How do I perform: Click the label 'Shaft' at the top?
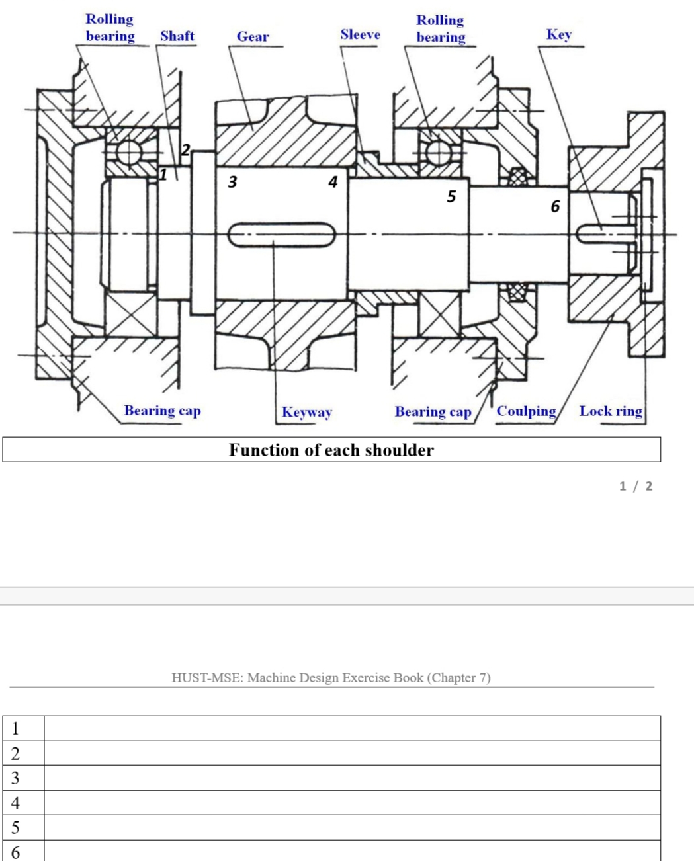[x=177, y=36]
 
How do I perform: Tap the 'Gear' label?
[x=253, y=36]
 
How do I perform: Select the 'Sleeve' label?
[x=360, y=34]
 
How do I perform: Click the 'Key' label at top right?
[x=558, y=34]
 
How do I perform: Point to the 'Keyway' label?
[x=306, y=412]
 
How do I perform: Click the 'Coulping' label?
[x=526, y=411]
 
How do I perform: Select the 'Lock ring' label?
[x=610, y=411]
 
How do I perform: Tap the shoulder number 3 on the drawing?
[x=232, y=182]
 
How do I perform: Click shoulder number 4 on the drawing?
[x=333, y=181]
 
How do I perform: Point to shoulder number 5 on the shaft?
[x=451, y=196]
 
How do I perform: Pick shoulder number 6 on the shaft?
[x=555, y=207]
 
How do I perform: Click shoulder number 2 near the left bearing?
[x=186, y=149]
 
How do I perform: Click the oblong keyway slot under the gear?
[x=282, y=234]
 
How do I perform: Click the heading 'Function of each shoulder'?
[x=331, y=450]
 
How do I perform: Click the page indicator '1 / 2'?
[x=635, y=486]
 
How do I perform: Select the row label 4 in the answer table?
[x=15, y=803]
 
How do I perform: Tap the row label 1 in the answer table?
[x=15, y=728]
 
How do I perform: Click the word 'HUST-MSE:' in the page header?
[x=207, y=678]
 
